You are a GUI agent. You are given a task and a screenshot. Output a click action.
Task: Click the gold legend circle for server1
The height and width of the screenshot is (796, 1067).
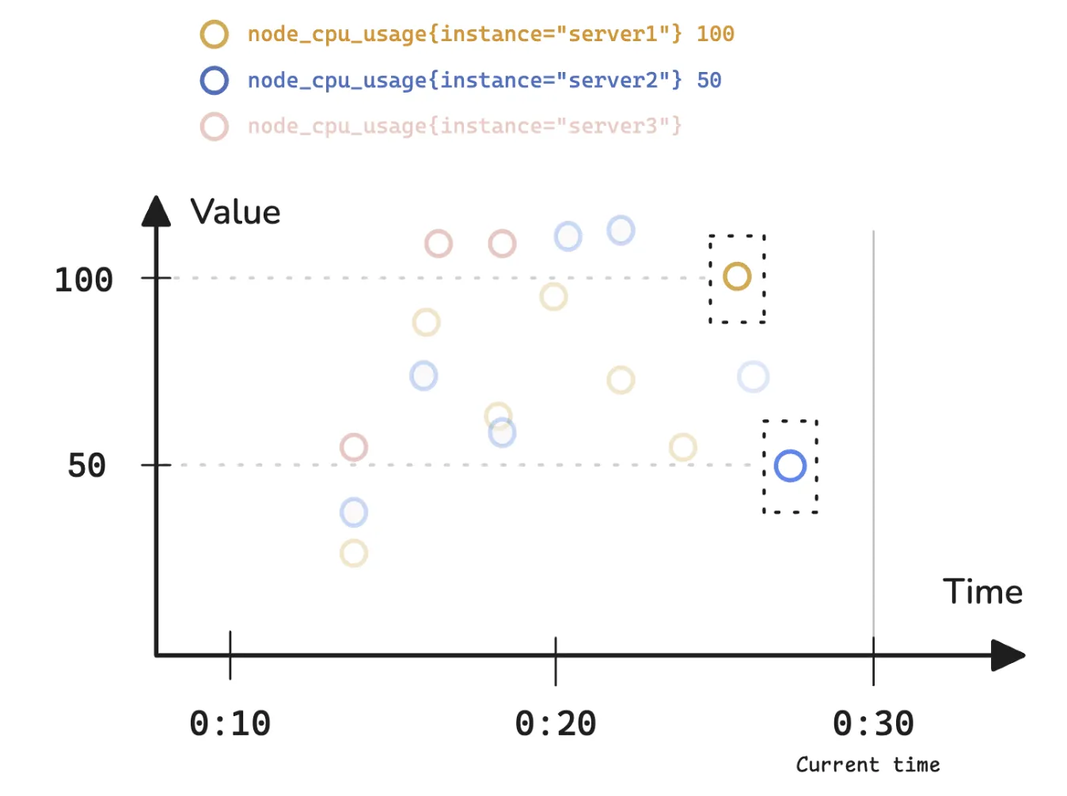click(214, 34)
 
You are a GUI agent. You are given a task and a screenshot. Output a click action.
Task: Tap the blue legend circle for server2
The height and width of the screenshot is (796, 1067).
click(214, 80)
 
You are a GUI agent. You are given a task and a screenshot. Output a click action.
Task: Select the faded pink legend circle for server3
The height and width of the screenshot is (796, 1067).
click(214, 127)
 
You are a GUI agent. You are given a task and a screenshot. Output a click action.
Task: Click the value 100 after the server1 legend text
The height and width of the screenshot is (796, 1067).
click(715, 34)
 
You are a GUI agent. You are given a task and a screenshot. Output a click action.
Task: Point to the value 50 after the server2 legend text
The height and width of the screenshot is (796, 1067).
click(708, 80)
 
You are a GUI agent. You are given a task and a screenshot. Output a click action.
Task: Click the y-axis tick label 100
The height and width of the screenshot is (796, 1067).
click(83, 279)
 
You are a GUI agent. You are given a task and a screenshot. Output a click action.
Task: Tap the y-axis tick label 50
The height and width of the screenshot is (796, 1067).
click(86, 465)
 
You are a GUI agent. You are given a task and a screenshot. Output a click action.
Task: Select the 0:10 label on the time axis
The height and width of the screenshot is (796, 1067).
click(230, 723)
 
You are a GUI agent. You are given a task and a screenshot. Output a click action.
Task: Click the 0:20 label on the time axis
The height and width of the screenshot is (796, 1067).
click(555, 723)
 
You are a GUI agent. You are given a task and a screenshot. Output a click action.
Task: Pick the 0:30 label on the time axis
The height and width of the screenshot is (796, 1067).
click(873, 723)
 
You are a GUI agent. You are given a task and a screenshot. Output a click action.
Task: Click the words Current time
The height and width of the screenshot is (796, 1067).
click(868, 764)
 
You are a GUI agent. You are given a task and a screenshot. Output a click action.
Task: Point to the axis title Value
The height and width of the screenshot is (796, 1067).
click(235, 212)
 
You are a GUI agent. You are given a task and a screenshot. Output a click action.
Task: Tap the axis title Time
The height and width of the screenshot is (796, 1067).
click(982, 592)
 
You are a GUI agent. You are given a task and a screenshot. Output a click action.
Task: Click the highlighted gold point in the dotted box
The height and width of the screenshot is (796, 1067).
click(737, 276)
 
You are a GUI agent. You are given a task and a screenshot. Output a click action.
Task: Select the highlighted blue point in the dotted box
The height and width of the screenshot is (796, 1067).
click(790, 466)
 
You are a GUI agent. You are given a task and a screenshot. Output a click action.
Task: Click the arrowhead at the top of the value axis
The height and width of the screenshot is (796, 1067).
click(156, 211)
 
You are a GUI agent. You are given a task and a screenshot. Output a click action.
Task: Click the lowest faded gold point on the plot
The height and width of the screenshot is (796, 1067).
click(354, 553)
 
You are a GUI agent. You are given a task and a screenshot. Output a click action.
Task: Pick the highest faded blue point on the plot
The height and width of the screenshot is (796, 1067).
click(621, 230)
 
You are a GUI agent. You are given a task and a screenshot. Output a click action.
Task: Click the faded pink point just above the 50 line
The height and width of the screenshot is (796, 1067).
click(354, 447)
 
